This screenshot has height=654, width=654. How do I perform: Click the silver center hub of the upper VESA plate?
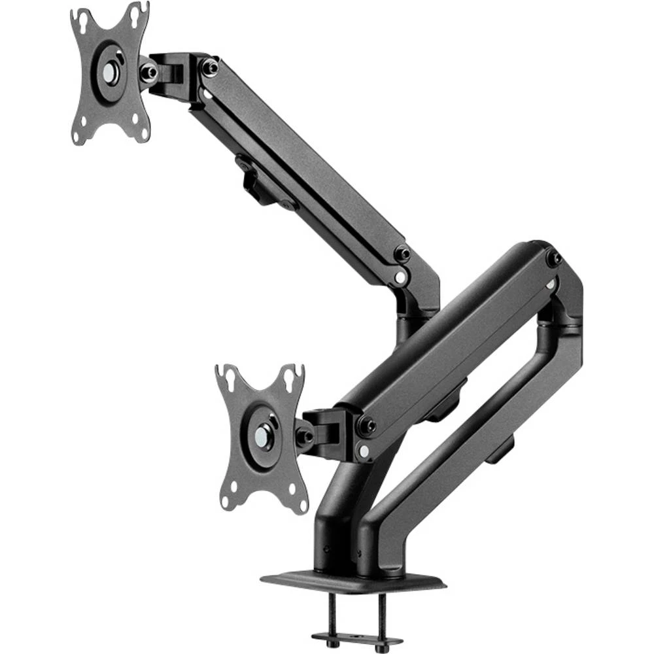click(109, 73)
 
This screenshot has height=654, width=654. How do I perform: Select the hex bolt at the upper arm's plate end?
click(209, 67)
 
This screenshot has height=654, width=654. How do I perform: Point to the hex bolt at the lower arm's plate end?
click(366, 426)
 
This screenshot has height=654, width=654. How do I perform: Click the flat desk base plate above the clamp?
click(353, 581)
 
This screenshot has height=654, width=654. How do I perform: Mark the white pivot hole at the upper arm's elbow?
click(399, 278)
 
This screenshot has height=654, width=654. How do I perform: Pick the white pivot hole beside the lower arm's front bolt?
click(363, 451)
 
